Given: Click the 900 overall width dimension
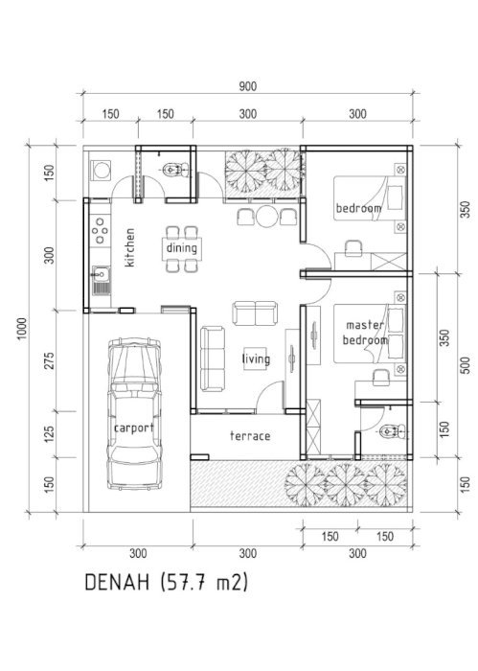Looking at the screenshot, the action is tap(247, 86).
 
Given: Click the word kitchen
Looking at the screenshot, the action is tap(129, 247).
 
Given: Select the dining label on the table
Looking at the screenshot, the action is tap(182, 247).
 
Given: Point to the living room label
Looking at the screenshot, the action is tap(256, 359).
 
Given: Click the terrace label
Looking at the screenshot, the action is tap(250, 436).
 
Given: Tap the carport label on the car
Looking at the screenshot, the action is tap(134, 428).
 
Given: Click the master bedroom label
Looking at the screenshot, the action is tap(365, 333).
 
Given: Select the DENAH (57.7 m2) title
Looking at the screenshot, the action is tap(167, 583).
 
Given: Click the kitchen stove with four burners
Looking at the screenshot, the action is tap(100, 231).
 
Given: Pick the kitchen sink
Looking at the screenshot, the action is tap(101, 280).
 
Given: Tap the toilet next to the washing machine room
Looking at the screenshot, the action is tap(175, 170).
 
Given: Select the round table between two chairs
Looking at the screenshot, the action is tap(267, 217).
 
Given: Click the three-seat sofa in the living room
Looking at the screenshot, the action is tap(213, 359).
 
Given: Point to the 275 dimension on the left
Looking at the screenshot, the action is tap(49, 360).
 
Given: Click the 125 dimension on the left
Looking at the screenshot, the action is tap(49, 434).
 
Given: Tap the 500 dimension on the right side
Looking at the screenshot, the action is tap(466, 365).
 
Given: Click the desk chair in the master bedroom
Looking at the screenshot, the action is tap(381, 378).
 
